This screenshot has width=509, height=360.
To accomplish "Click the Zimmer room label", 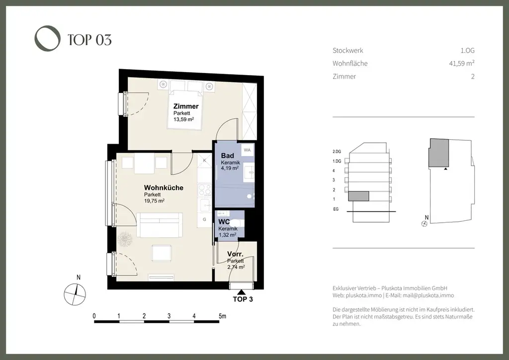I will (x=185, y=106).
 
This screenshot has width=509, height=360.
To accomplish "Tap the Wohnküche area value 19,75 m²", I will (x=154, y=201).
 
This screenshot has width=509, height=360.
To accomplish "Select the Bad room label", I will (x=227, y=156).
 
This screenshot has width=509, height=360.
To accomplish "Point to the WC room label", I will (x=224, y=221).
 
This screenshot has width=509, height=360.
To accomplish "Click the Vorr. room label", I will (x=235, y=254).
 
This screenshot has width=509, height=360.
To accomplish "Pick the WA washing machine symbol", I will (x=247, y=149).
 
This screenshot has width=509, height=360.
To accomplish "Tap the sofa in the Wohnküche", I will (x=160, y=225).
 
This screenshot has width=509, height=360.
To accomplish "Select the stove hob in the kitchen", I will (x=204, y=189).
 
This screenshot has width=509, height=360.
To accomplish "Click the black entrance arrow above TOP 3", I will (x=241, y=292).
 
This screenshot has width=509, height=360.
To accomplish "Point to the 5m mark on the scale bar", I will (x=222, y=316).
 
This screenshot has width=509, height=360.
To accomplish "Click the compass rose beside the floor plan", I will (x=74, y=293).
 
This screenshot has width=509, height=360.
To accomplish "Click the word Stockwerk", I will (x=347, y=50).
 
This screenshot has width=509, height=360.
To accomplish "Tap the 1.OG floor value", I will (x=467, y=50).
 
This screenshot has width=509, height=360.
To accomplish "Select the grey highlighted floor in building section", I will (x=358, y=196).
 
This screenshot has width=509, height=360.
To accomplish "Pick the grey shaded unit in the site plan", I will (x=438, y=153).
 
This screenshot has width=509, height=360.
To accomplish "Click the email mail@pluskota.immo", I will (x=427, y=296).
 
